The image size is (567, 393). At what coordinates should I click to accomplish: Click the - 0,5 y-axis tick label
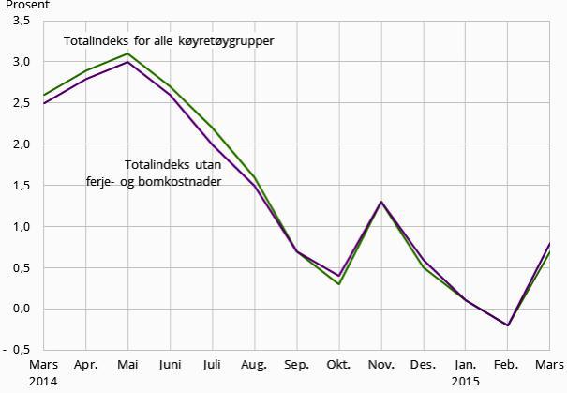[x=18, y=350]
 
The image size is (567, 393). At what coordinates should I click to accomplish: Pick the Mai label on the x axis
[x=127, y=365]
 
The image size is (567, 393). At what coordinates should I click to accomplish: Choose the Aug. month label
[x=254, y=365]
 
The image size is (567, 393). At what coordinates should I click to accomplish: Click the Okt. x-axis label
[x=338, y=365]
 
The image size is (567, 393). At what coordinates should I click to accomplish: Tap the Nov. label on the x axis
[x=380, y=365]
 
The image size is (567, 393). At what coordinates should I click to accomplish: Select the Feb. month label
[x=507, y=365]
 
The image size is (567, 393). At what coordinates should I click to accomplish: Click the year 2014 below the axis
[x=43, y=382]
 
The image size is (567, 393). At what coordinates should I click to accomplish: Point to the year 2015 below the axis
[x=465, y=382]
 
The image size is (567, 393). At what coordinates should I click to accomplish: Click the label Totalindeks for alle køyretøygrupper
[x=169, y=42]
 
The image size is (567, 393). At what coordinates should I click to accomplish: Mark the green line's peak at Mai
[x=127, y=53]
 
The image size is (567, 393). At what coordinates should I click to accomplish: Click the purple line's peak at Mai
[x=127, y=62]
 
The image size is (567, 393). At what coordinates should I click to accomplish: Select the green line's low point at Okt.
[x=338, y=284]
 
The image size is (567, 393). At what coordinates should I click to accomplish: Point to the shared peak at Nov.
[x=380, y=202]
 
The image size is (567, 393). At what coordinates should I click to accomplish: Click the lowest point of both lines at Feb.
[x=507, y=325]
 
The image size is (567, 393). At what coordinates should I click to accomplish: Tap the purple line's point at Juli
[x=212, y=144]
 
